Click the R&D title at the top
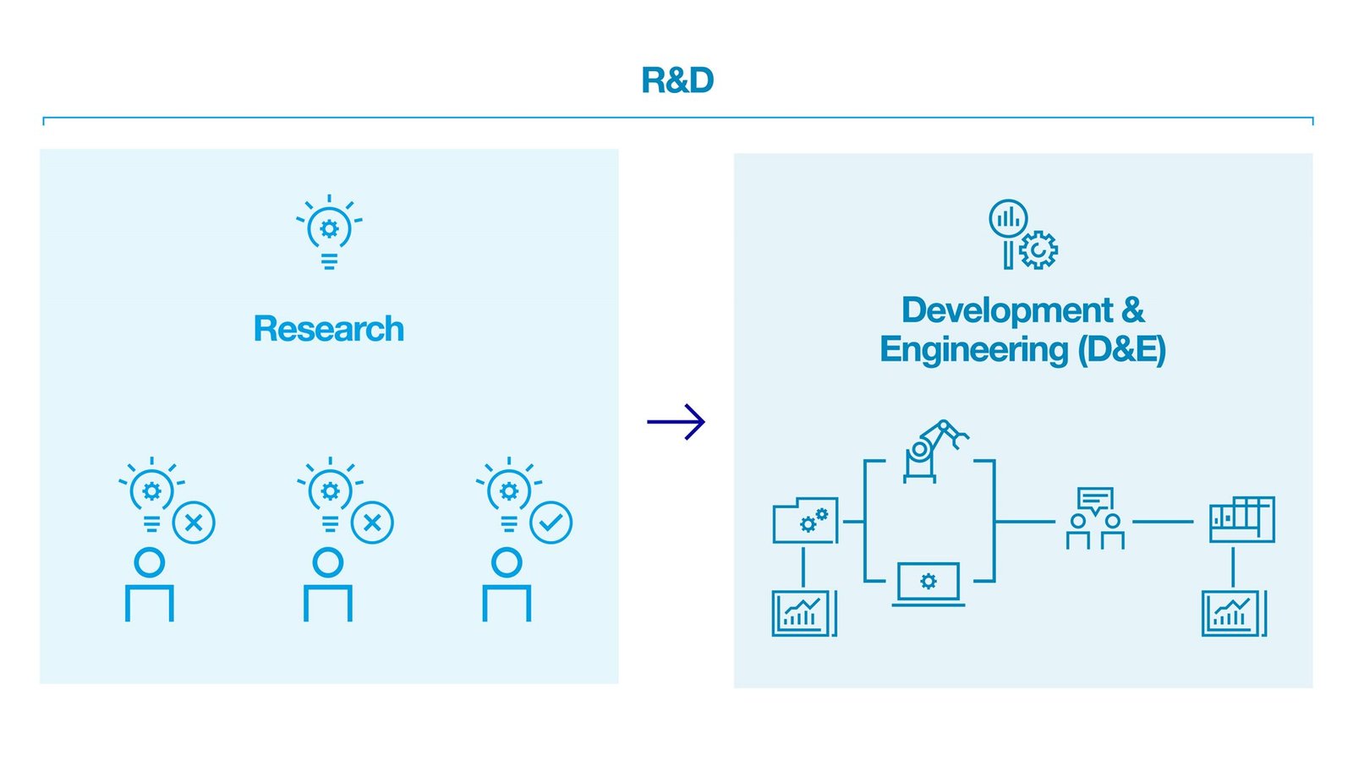pos(676,80)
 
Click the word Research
pos(328,329)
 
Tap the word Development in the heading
pos(1006,310)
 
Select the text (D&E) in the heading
pos(1121,349)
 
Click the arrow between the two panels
pos(676,421)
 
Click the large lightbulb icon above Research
pos(329,232)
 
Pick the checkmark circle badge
pos(551,523)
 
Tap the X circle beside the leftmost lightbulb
pos(194,523)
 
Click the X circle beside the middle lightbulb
pos(372,523)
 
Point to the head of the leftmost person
pos(150,562)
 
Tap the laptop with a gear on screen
pos(928,583)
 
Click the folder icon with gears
pos(805,521)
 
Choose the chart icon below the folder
pos(803,613)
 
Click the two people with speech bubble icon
pos(1095,518)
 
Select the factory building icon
pos(1241,519)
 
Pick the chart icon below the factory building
pos(1234,613)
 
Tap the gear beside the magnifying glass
pos(1038,250)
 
